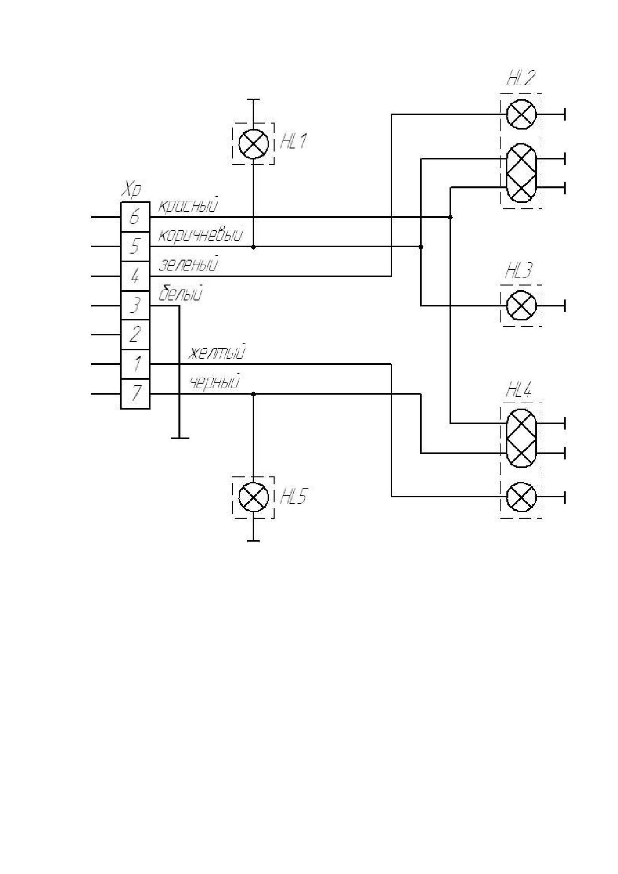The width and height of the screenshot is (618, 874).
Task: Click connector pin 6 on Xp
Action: [x=135, y=217]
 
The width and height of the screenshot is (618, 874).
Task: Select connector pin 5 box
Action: [x=135, y=246]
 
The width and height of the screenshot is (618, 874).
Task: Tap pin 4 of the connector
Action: [x=135, y=276]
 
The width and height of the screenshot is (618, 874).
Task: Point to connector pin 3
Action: [x=135, y=305]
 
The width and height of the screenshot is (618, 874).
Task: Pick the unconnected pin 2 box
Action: [x=135, y=335]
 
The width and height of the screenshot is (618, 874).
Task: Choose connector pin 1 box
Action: [x=135, y=364]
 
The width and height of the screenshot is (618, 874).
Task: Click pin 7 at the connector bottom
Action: [x=135, y=394]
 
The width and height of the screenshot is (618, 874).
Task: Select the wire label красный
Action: [x=188, y=205]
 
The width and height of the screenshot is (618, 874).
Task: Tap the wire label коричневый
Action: [x=201, y=235]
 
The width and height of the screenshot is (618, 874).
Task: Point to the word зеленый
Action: [x=188, y=264]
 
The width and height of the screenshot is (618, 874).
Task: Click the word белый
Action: [x=180, y=293]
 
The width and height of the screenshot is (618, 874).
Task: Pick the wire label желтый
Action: [x=216, y=353]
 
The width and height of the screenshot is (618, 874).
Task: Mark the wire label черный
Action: [x=215, y=382]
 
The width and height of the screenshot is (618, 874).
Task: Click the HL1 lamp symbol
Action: [x=254, y=145]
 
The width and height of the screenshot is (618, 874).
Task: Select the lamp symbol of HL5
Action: [x=254, y=497]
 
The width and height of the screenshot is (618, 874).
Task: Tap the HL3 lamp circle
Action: [x=521, y=305]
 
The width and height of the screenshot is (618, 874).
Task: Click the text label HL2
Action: [x=521, y=79]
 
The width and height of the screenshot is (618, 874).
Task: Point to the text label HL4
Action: [x=519, y=390]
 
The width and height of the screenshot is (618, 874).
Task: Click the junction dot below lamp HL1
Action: [x=254, y=247]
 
